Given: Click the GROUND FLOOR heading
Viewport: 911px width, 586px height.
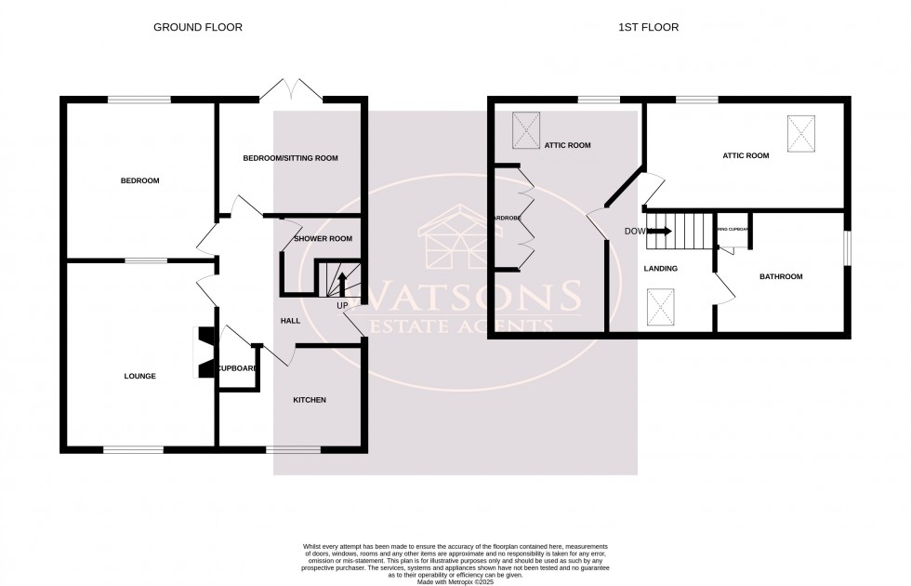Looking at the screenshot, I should pyautogui.click(x=198, y=27).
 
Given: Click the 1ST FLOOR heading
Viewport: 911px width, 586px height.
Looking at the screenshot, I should pyautogui.click(x=648, y=27).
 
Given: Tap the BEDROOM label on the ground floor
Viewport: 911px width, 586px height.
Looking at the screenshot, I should pyautogui.click(x=139, y=180).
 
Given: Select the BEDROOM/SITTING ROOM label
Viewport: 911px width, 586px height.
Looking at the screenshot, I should pyautogui.click(x=290, y=158).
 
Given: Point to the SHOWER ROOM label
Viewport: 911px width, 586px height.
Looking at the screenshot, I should pyautogui.click(x=323, y=239).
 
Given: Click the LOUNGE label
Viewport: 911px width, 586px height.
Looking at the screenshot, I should pyautogui.click(x=139, y=377).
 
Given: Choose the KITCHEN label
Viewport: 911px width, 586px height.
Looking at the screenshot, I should pyautogui.click(x=310, y=400).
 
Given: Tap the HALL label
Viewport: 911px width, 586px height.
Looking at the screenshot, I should pyautogui.click(x=290, y=321).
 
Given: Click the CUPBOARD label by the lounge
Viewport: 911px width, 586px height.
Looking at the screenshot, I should pyautogui.click(x=237, y=368).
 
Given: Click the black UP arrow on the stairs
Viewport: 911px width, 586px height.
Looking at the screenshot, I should pyautogui.click(x=341, y=283).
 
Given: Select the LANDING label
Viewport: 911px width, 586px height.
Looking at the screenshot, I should pyautogui.click(x=660, y=269).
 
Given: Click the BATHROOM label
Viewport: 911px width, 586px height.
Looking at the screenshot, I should pyautogui.click(x=780, y=277).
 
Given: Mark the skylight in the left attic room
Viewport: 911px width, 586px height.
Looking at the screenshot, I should pyautogui.click(x=525, y=129).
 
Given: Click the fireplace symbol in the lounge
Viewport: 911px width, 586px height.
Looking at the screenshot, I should pyautogui.click(x=204, y=353).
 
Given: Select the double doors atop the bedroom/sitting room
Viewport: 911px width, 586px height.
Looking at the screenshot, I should pyautogui.click(x=292, y=89).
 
